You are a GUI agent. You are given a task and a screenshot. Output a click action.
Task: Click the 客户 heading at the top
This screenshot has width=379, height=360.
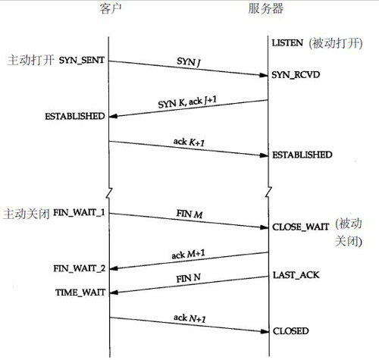point(111,9)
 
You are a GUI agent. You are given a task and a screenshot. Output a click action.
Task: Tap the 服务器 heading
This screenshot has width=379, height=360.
point(266,8)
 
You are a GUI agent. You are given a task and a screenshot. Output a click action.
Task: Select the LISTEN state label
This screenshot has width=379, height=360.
point(287,43)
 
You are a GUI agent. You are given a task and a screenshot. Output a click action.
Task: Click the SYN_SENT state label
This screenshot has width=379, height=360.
point(82,60)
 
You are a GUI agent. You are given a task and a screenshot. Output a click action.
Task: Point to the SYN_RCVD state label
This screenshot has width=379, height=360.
point(296,75)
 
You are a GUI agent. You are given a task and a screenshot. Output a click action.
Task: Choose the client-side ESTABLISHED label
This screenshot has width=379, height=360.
point(75,116)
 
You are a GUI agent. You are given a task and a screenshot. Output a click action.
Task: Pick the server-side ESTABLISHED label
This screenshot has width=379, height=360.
point(302,155)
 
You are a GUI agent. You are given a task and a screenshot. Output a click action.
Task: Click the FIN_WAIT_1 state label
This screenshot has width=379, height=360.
point(79,213)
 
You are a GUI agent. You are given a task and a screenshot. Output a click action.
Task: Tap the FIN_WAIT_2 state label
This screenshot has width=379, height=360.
point(80,268)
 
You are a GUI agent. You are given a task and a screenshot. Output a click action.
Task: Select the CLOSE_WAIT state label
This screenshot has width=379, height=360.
point(301,227)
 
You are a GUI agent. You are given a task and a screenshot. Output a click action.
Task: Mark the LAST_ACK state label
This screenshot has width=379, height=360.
point(296,275)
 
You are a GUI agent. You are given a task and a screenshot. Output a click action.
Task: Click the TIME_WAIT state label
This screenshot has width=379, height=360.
point(80,293)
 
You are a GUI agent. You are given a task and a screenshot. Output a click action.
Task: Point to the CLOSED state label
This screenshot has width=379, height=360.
point(291,331)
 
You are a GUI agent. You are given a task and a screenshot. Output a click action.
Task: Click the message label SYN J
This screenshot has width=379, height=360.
point(189,61)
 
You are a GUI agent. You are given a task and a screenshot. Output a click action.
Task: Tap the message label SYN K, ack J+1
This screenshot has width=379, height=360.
point(187,102)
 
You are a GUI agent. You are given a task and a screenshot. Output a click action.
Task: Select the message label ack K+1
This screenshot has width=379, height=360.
point(189,142)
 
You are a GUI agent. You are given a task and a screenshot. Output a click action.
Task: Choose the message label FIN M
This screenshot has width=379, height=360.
point(189,214)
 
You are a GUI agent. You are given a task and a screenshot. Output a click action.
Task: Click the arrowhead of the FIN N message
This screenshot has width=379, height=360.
point(114,293)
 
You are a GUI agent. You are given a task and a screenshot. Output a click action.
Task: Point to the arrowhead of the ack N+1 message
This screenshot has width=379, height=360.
point(265,331)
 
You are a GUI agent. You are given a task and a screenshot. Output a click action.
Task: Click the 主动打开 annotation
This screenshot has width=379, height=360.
point(30,60)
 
